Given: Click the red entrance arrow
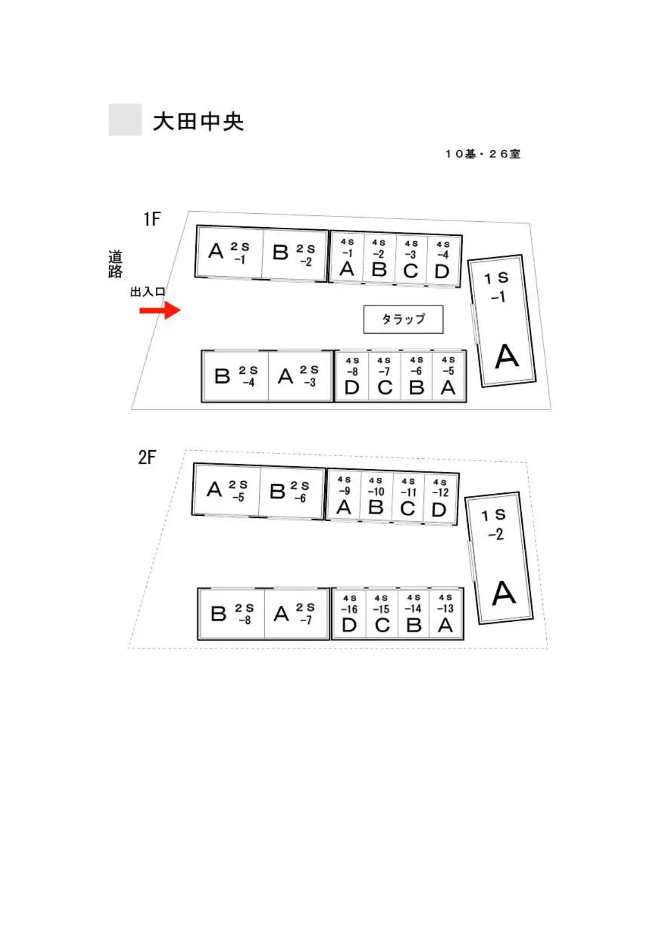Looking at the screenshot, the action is click(160, 310).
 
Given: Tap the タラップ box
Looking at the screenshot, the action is click(403, 319).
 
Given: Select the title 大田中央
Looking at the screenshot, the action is click(198, 121).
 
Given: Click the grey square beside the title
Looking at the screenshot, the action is click(125, 119).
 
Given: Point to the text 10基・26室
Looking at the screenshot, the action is click(483, 154).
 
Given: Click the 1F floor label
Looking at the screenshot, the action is click(151, 219).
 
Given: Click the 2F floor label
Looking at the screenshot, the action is click(147, 457).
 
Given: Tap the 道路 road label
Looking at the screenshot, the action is click(115, 264).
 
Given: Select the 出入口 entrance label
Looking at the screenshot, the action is click(148, 292).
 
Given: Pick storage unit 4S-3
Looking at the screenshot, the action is click(411, 259).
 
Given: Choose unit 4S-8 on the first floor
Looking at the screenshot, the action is click(352, 376).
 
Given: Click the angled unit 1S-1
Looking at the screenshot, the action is click(501, 321).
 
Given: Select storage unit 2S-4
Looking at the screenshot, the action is click(235, 376).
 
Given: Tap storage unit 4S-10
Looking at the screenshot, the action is click(376, 496).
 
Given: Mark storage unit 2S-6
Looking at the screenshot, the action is click(292, 492).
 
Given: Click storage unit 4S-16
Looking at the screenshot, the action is click(349, 614).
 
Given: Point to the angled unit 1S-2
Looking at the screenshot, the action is click(499, 558).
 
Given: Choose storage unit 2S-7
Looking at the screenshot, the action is click(296, 614).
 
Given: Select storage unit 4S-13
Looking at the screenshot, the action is click(446, 614).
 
